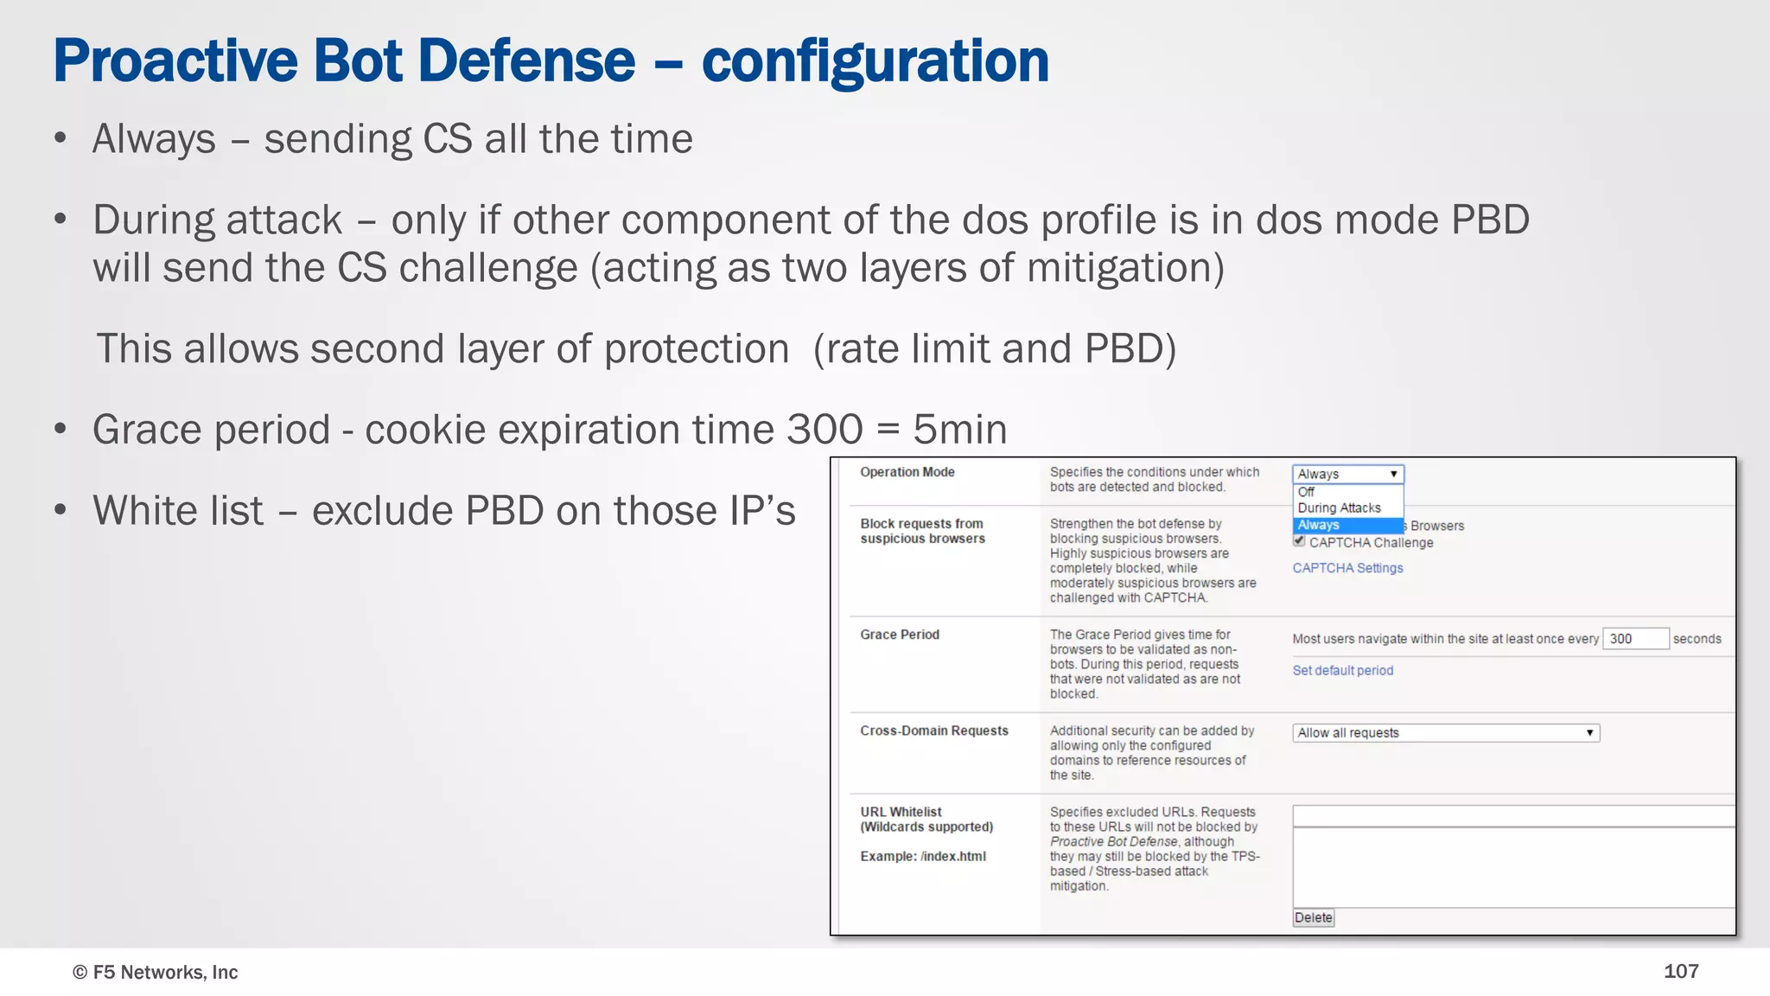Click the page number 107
(x=1681, y=971)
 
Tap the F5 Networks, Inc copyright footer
(x=155, y=972)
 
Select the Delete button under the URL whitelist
(x=1313, y=917)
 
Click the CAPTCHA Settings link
(x=1347, y=568)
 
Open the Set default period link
(x=1342, y=670)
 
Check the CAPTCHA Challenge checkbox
(x=1299, y=541)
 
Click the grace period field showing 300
(x=1634, y=639)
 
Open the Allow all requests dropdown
(x=1445, y=733)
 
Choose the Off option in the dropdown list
(x=1306, y=492)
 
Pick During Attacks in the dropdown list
(x=1339, y=508)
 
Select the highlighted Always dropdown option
(x=1319, y=525)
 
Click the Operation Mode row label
(x=907, y=472)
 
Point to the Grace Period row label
(x=899, y=635)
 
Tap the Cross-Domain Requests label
(x=933, y=731)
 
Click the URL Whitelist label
(x=901, y=812)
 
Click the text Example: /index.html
(x=922, y=856)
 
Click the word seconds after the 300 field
(x=1697, y=639)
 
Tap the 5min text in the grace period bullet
(x=959, y=430)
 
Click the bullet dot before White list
(x=60, y=509)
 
